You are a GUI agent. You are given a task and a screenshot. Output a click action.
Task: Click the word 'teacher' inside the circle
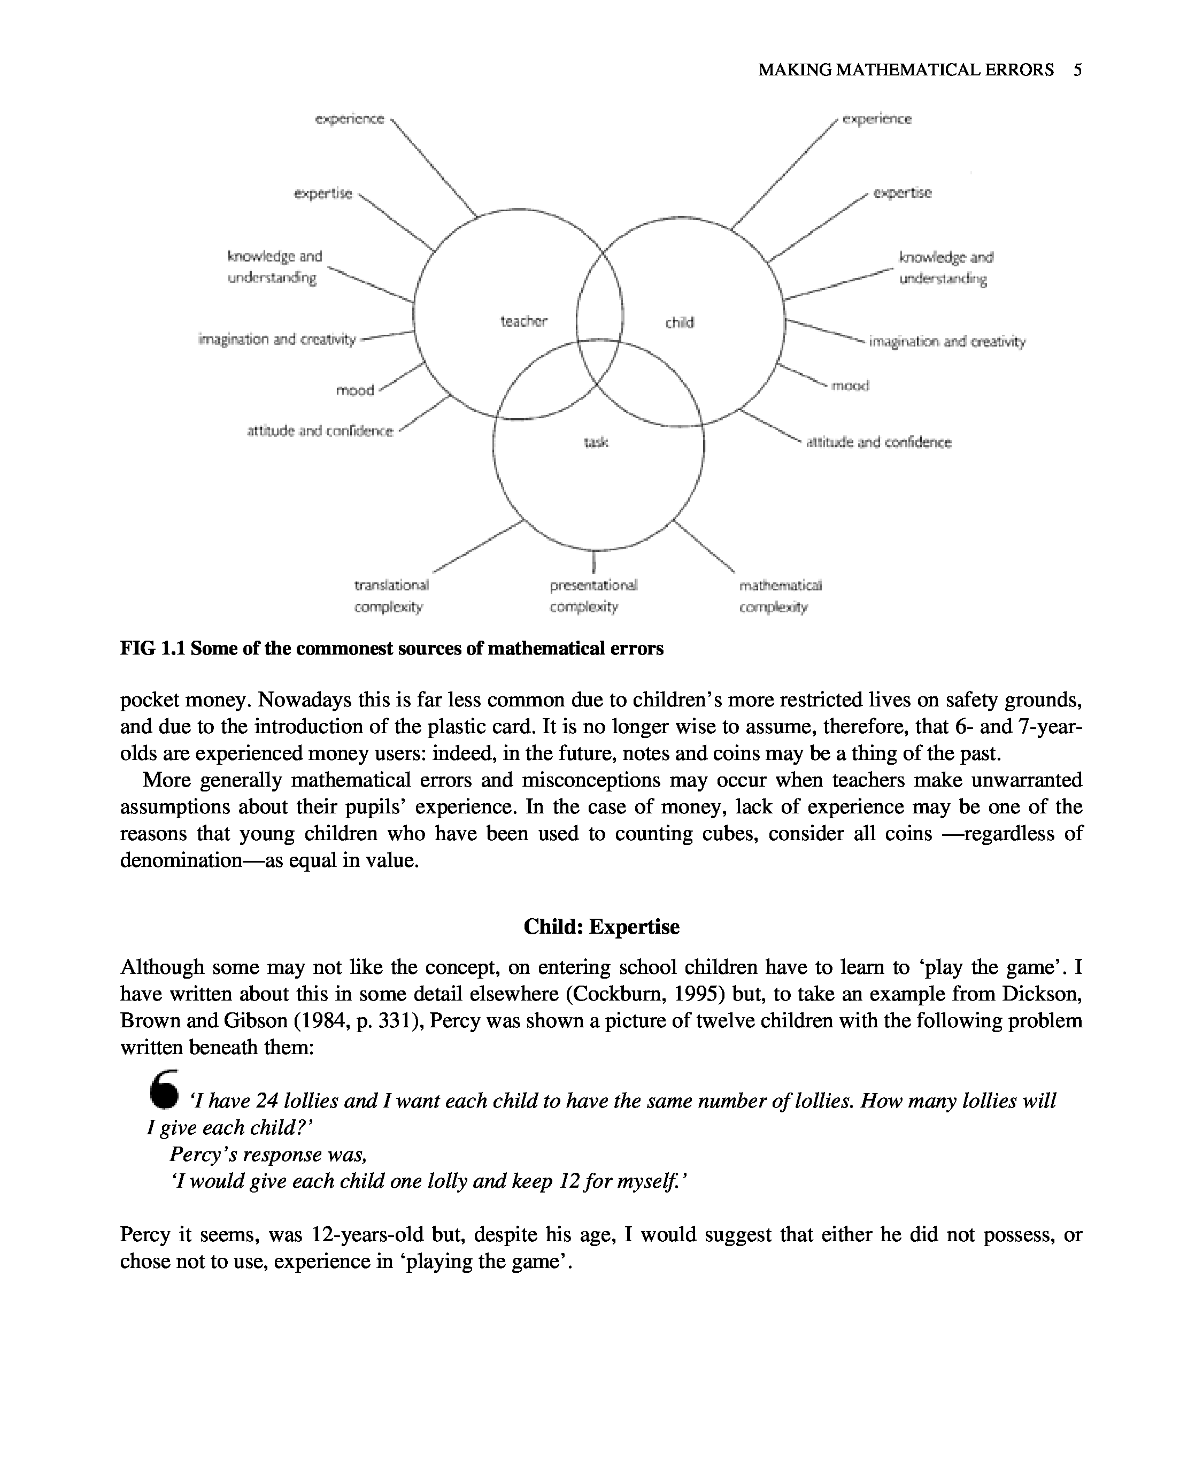coord(523,321)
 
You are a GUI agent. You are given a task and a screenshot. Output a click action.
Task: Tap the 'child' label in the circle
coord(679,322)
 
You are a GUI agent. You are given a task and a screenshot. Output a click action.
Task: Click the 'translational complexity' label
coord(391,595)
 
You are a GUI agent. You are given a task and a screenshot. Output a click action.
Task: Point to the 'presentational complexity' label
coord(593,595)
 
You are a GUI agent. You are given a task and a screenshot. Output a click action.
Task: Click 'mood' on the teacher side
coord(355,390)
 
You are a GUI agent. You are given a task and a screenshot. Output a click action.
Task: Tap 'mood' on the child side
coord(850,386)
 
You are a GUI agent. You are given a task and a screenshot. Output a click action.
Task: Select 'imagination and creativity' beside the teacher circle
coord(276,339)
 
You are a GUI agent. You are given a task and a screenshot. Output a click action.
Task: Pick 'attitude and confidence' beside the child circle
coord(878,442)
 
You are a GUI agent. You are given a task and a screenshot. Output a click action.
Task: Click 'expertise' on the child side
coord(903,193)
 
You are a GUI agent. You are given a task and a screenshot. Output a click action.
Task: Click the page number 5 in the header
coord(1077,70)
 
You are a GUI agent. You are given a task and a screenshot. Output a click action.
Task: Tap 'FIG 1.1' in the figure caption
coord(152,648)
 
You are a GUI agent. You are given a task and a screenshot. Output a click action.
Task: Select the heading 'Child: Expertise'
coord(601,927)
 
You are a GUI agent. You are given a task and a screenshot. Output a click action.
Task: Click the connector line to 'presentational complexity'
coord(594,561)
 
